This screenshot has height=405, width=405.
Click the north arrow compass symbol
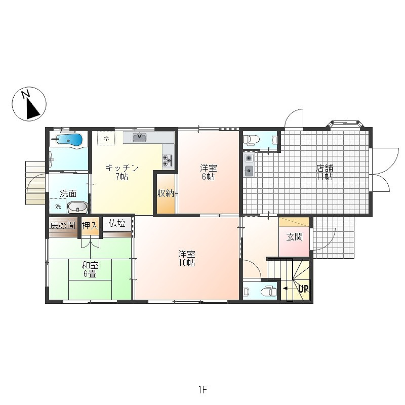tap(29, 104)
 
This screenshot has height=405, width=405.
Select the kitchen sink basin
tap(140, 137)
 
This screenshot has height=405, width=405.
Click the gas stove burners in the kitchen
tap(167, 160)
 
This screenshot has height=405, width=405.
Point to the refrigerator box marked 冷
tap(106, 139)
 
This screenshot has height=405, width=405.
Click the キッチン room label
tap(122, 168)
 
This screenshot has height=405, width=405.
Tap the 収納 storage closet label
tap(166, 193)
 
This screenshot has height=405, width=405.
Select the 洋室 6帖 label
tap(209, 172)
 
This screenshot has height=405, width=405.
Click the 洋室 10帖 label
tap(187, 258)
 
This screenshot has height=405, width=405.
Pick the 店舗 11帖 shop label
tap(325, 172)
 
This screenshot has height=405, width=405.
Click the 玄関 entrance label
tap(295, 237)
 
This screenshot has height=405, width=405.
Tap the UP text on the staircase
tap(303, 289)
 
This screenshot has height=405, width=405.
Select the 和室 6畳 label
tap(90, 270)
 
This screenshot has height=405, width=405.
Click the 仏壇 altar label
tap(117, 223)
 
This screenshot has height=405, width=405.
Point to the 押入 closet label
tap(90, 226)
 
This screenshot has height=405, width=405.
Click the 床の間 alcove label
tap(63, 226)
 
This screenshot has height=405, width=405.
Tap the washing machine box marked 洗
tap(58, 206)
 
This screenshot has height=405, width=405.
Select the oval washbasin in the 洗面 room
tap(77, 207)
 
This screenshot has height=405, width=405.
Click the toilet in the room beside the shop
tap(251, 140)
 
